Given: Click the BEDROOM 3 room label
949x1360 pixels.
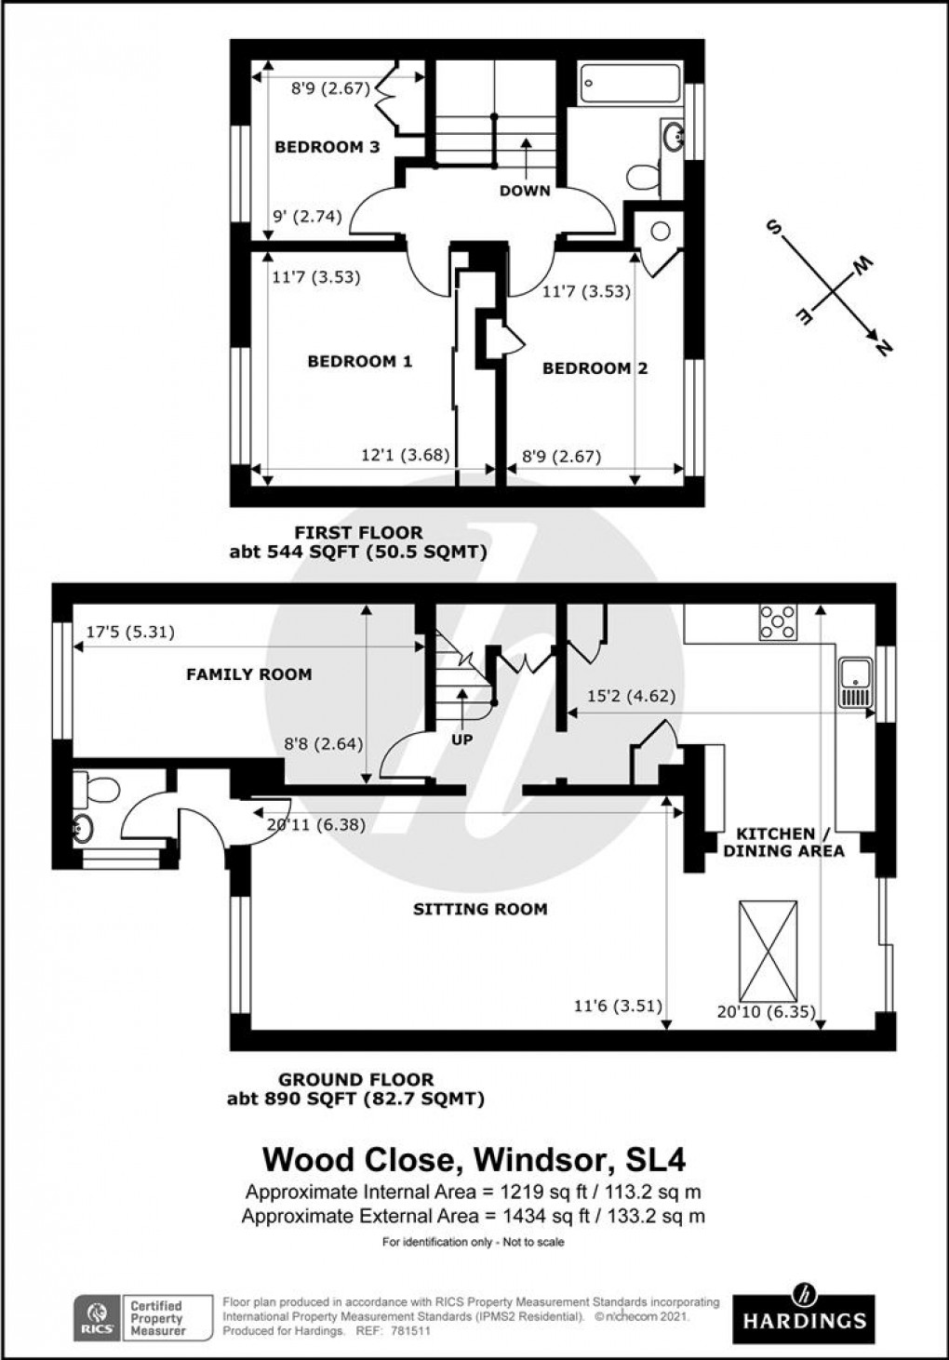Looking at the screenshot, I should click(x=327, y=147).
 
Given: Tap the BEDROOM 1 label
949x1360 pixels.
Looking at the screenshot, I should click(x=359, y=361).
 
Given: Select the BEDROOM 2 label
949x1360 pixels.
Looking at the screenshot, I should click(x=595, y=368).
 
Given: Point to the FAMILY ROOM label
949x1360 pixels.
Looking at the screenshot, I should click(x=248, y=674).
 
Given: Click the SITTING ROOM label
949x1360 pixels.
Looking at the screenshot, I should click(x=480, y=909).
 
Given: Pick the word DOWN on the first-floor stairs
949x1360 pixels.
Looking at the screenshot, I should click(x=526, y=191).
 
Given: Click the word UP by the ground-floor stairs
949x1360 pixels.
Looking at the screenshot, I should click(x=461, y=740).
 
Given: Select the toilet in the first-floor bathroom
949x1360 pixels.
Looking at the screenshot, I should click(x=642, y=176).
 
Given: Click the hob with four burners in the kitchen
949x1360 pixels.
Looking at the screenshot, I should click(x=778, y=623).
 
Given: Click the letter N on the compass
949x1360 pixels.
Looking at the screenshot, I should click(x=884, y=347).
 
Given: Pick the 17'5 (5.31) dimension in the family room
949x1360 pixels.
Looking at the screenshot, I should click(x=130, y=633).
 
